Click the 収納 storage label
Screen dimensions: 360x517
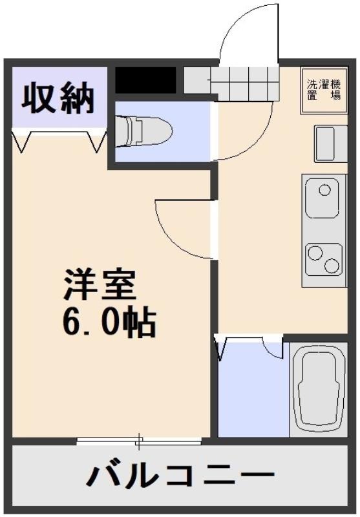tap(58, 98)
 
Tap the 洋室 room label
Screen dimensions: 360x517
tap(100, 284)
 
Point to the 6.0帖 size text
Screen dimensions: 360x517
tap(109, 322)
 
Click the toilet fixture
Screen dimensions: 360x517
tap(143, 131)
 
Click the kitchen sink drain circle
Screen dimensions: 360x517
tap(324, 190)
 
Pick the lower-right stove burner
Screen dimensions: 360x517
tap(331, 266)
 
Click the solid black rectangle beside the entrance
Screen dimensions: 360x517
tap(145, 80)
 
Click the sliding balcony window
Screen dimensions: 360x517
tap(139, 442)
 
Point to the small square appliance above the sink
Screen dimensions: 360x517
tap(331, 143)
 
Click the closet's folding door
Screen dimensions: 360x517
tap(59, 138)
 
